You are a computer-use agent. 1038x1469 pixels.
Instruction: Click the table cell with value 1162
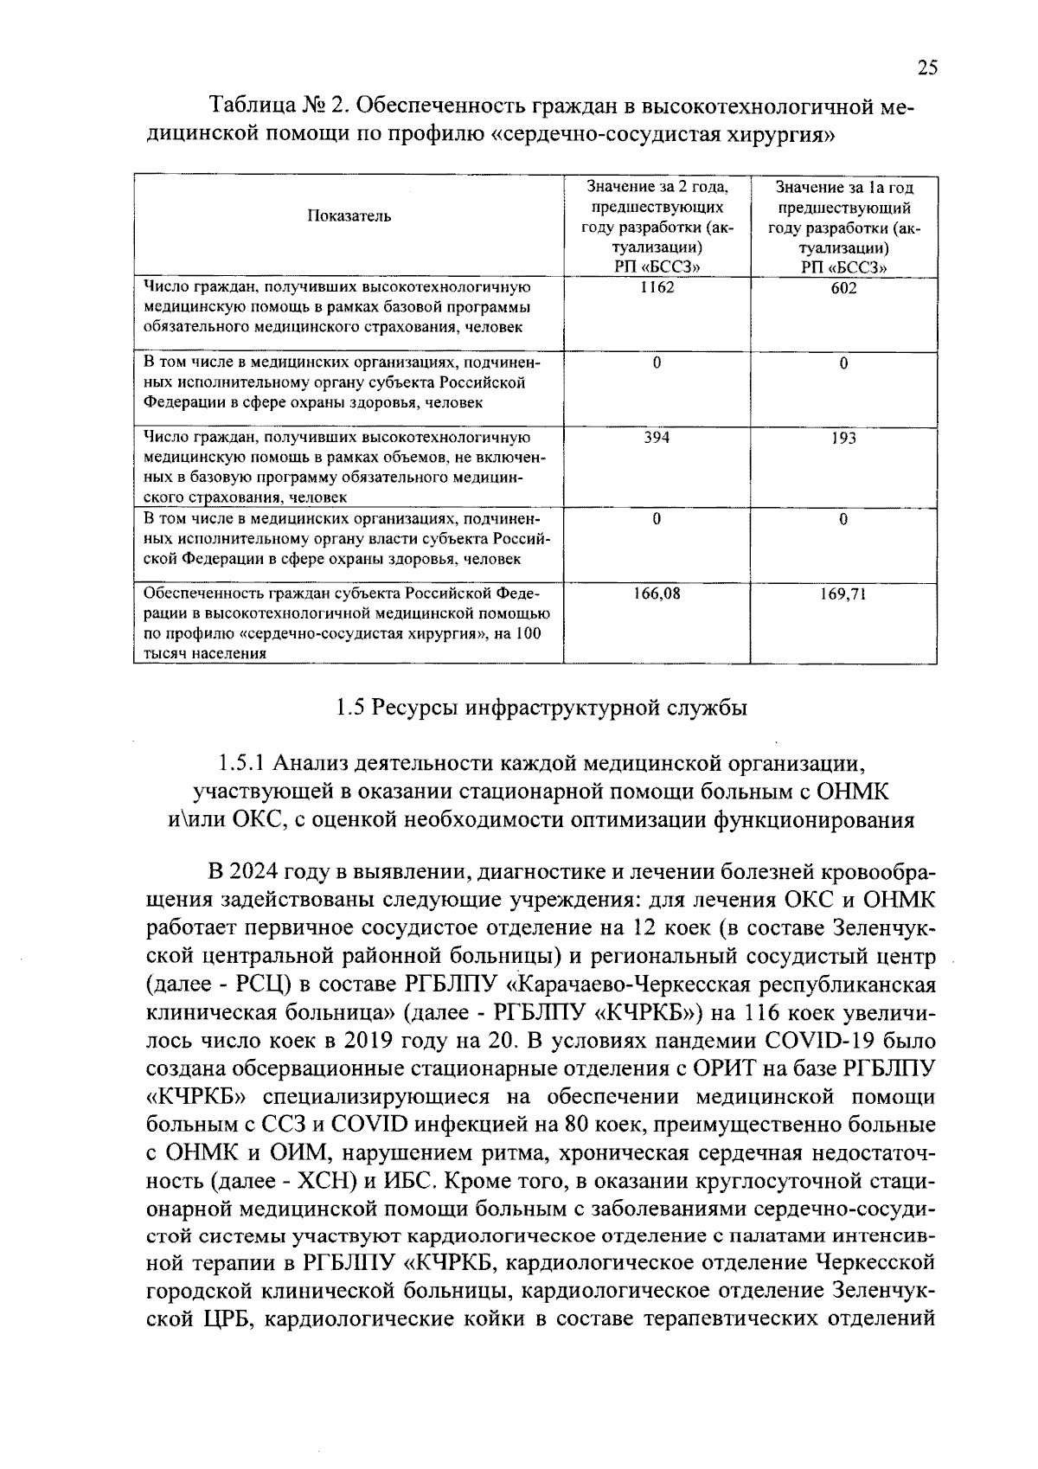tap(657, 287)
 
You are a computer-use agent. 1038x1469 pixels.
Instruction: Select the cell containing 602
tap(843, 288)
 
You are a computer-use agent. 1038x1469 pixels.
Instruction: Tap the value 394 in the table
tap(657, 438)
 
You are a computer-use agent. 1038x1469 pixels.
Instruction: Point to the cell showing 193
tap(843, 438)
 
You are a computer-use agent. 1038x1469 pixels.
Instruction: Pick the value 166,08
tap(657, 593)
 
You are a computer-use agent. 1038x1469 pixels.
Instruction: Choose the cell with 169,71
tap(843, 594)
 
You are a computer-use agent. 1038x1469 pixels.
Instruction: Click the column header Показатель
tap(349, 216)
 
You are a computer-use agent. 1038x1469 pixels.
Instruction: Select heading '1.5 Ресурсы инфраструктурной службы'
tap(541, 709)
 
